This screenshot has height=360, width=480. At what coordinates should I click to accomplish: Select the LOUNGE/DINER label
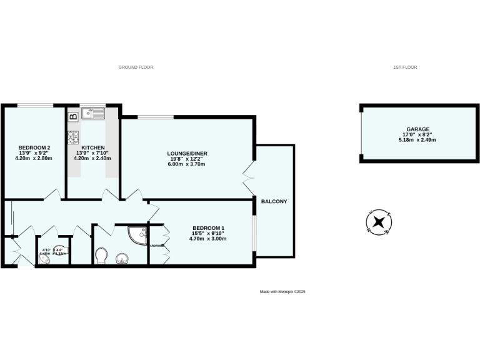[187, 153]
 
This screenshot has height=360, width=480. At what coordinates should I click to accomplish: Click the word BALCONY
[274, 201]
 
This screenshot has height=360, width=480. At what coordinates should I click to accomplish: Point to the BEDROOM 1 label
[209, 227]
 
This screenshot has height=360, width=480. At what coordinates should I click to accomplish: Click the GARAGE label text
[418, 129]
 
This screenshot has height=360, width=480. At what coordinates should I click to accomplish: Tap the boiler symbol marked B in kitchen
[72, 115]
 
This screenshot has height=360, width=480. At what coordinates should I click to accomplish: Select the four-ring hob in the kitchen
[72, 137]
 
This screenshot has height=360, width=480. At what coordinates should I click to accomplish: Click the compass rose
[378, 222]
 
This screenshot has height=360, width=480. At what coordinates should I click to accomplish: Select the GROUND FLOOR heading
[136, 67]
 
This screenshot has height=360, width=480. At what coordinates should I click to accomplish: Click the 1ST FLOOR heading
[406, 67]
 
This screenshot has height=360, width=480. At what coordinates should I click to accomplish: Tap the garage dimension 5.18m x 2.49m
[418, 140]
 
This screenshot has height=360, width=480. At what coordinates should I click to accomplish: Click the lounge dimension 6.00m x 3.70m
[187, 164]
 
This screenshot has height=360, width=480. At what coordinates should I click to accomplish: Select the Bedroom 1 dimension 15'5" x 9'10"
[209, 233]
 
